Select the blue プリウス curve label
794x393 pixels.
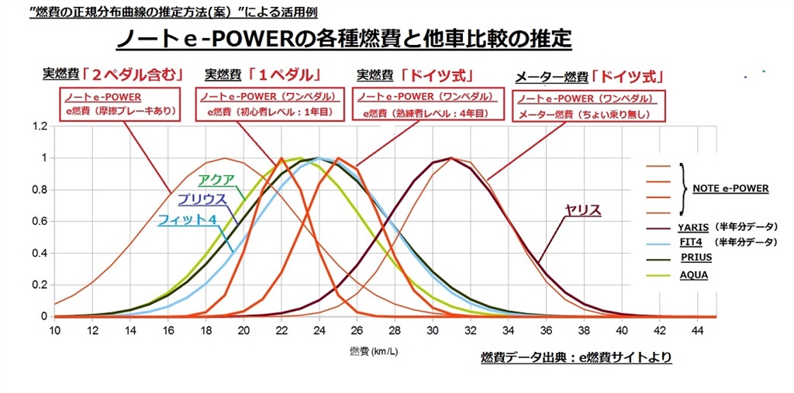click(201, 199)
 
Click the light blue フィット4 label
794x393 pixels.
click(185, 219)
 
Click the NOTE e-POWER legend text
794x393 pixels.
click(730, 188)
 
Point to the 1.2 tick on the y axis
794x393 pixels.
click(40, 126)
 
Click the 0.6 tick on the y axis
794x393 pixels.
click(40, 221)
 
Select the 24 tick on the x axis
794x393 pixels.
click(319, 331)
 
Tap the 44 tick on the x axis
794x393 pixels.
click(697, 331)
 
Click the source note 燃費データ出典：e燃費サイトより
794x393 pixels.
click(576, 357)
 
